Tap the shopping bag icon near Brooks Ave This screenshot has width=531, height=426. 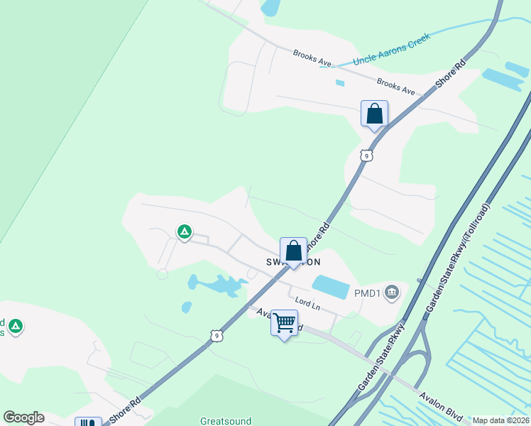[x=374, y=114]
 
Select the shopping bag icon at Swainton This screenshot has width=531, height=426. [x=293, y=251]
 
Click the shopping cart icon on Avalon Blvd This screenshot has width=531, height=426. [x=284, y=323]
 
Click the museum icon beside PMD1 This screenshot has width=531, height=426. [x=392, y=292]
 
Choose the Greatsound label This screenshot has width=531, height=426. [x=226, y=421]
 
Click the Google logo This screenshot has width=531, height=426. [x=23, y=417]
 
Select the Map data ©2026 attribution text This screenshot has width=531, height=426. [x=500, y=420]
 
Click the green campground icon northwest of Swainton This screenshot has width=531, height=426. [x=184, y=231]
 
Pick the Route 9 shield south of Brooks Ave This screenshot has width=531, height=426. [x=366, y=155]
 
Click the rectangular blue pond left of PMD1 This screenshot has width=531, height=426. [x=331, y=287]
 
